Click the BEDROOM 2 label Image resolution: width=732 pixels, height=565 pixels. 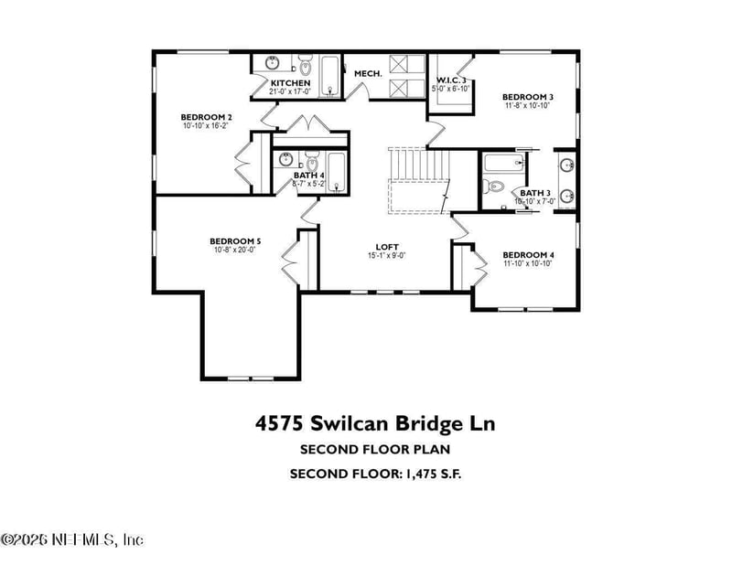(x=206, y=117)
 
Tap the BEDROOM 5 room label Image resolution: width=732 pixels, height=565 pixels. (x=237, y=241)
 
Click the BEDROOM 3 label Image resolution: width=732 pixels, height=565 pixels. (x=527, y=97)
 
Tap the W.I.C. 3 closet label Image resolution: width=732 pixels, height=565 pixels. (x=451, y=82)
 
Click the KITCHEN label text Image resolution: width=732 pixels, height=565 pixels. (x=290, y=83)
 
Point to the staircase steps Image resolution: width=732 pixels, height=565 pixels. (x=418, y=165)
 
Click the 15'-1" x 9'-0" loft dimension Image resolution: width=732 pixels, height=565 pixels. (x=387, y=256)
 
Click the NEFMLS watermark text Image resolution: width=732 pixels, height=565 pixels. (x=72, y=540)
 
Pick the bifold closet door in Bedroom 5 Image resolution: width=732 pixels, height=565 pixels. (x=291, y=261)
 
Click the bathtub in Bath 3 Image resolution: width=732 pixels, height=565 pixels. (x=502, y=165)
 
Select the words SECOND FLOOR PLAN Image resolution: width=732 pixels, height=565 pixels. (x=374, y=450)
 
